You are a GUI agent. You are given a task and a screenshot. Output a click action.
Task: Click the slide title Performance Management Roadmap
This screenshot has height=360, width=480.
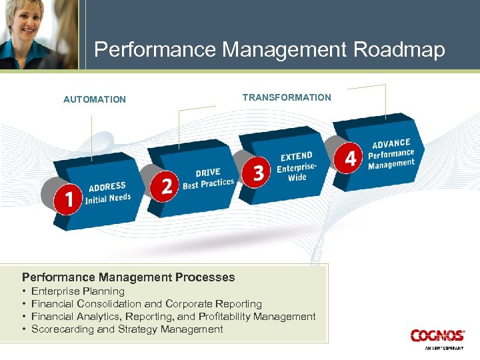(269, 50)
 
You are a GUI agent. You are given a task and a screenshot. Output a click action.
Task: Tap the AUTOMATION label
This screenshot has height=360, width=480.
(94, 99)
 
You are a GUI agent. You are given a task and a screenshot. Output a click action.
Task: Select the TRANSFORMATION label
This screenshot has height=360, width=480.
(287, 97)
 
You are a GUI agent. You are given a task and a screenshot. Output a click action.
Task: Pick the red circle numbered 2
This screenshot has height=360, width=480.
(167, 185)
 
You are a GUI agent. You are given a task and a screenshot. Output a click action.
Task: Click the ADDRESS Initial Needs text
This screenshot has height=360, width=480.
(108, 193)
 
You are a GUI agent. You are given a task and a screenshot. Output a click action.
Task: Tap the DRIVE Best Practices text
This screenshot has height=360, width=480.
(208, 178)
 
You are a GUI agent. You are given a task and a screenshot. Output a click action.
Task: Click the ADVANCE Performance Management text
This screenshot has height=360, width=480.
(391, 153)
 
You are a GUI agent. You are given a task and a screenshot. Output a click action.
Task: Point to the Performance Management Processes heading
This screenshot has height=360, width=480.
(129, 277)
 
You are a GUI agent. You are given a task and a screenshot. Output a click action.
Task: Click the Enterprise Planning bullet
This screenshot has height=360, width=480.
(78, 291)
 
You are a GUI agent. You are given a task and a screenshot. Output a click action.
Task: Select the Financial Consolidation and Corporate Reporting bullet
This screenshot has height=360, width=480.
(147, 304)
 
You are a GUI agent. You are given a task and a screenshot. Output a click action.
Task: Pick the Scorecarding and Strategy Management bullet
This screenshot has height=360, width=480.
(127, 329)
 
